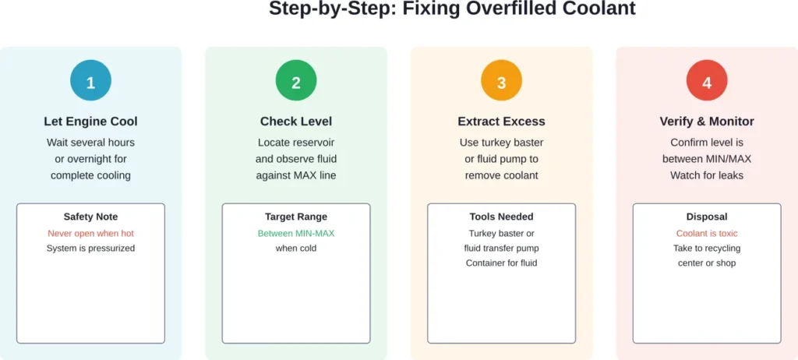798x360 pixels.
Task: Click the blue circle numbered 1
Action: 90,81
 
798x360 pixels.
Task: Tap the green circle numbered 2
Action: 296,81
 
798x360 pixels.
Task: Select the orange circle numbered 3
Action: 501,81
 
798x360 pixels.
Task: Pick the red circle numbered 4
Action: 707,81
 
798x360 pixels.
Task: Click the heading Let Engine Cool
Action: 90,122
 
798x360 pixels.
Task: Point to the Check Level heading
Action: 296,122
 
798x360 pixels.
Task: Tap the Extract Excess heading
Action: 501,122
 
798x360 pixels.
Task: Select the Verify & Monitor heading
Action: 707,122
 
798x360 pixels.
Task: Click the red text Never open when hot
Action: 90,233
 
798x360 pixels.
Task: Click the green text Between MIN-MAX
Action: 296,233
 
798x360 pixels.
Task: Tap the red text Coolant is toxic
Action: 707,233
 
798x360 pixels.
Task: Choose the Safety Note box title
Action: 90,217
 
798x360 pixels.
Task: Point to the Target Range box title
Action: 296,217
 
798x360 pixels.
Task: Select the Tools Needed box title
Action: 501,217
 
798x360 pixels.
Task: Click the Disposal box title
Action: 707,217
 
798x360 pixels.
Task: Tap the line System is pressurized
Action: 90,249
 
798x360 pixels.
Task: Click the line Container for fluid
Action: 501,263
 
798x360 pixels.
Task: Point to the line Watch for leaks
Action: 707,175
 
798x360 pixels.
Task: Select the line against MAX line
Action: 296,175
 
